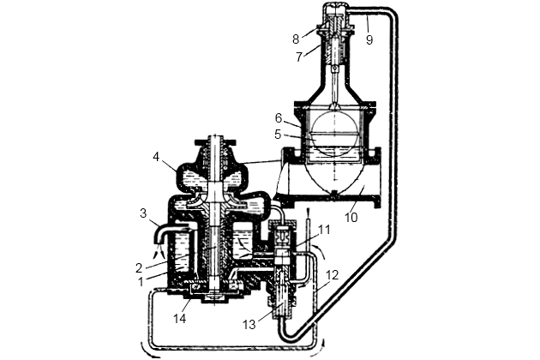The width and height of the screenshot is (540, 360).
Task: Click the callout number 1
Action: click(x=141, y=282)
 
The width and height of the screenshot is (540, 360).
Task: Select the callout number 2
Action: click(x=139, y=267)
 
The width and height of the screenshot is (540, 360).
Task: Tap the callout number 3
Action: click(x=143, y=213)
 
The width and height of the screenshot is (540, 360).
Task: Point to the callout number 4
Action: click(x=156, y=157)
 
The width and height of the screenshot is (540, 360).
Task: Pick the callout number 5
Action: click(x=278, y=135)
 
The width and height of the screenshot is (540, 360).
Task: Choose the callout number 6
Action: click(x=279, y=118)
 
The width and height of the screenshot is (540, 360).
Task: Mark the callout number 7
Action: click(x=299, y=57)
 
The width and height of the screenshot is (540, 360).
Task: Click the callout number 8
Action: click(x=296, y=39)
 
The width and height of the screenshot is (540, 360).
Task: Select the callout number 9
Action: click(x=369, y=40)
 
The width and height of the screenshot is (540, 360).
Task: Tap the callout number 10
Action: click(x=351, y=218)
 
